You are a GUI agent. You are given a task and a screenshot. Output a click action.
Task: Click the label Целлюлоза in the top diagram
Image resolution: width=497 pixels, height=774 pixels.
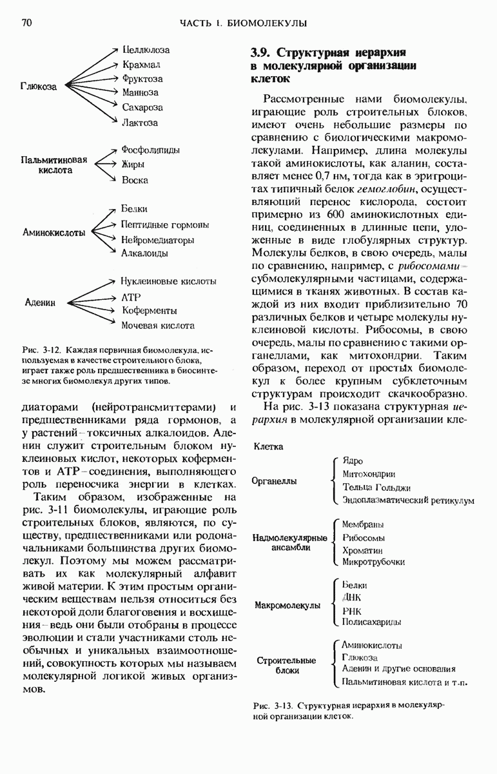pyautogui.click(x=146, y=50)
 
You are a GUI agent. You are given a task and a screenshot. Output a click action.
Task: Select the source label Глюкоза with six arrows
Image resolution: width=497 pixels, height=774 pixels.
pyautogui.click(x=39, y=86)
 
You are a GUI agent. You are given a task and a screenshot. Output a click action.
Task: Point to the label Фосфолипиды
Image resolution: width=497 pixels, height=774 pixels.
pyautogui.click(x=150, y=150)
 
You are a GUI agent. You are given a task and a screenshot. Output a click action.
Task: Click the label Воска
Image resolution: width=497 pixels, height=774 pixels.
pyautogui.click(x=135, y=181)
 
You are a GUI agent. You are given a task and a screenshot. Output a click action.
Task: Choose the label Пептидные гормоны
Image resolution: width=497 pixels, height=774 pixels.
pyautogui.click(x=164, y=225)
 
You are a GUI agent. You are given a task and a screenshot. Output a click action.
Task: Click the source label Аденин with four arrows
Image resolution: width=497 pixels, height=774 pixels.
pyautogui.click(x=41, y=303)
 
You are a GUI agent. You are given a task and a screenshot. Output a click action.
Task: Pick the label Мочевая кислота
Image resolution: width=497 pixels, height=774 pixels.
pyautogui.click(x=157, y=326)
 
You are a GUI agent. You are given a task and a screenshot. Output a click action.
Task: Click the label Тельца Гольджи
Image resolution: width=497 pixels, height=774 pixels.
pyautogui.click(x=376, y=488)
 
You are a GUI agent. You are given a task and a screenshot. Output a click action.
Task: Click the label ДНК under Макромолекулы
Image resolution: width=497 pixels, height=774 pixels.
pyautogui.click(x=352, y=598)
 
